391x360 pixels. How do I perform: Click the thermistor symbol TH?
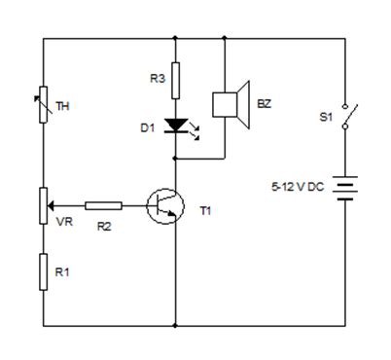44,105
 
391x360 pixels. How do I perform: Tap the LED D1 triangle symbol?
175,126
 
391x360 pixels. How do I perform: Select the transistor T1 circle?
165,205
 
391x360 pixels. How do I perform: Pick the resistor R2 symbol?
103,205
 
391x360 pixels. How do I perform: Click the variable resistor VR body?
44,205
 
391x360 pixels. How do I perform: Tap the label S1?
325,118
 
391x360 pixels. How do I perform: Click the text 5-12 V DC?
299,185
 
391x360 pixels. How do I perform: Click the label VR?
64,223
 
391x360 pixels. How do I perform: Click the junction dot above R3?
175,39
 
